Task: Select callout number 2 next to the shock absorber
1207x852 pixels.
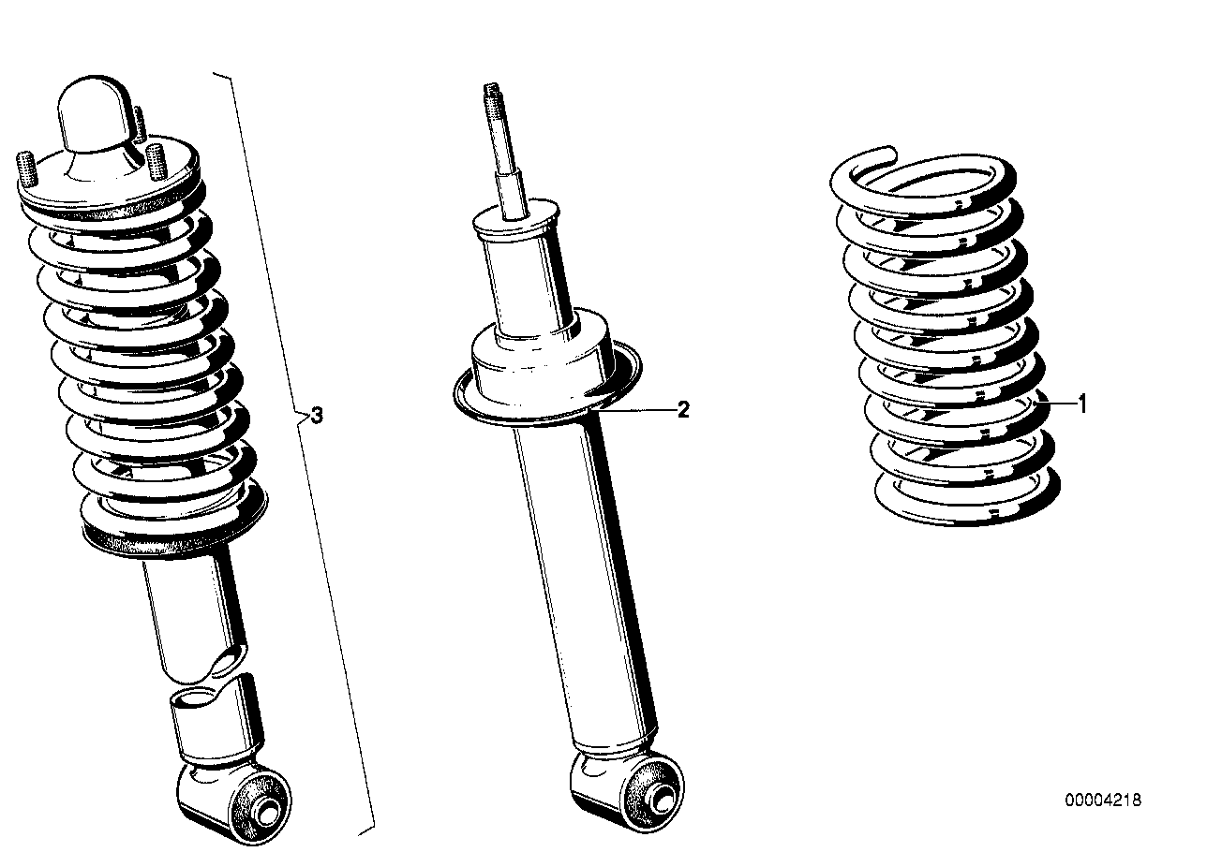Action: tap(683, 409)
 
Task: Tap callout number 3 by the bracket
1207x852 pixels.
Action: tap(317, 416)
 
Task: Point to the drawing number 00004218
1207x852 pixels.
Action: tap(1102, 800)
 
